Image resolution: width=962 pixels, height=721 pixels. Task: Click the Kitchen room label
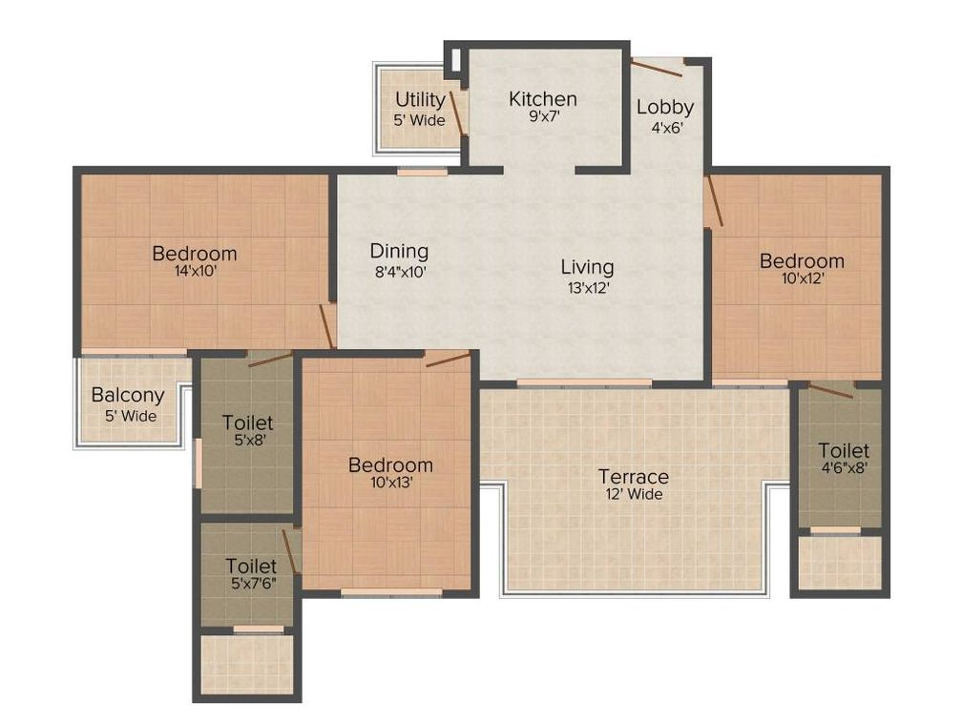click(x=542, y=98)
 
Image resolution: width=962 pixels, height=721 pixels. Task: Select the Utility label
click(x=420, y=100)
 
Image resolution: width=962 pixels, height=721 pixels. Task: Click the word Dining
click(x=399, y=252)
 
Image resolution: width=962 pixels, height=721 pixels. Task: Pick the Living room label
click(x=586, y=267)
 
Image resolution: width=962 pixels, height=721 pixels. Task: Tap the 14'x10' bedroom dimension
click(x=194, y=273)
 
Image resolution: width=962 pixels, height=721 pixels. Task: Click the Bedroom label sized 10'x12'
click(x=802, y=260)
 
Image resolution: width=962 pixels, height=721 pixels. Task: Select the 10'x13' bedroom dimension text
click(x=389, y=484)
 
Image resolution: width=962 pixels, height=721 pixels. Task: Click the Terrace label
click(x=633, y=476)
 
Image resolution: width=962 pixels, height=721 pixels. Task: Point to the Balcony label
click(x=127, y=395)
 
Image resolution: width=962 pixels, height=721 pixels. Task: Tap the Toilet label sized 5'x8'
click(x=247, y=422)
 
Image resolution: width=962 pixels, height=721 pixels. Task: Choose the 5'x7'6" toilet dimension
click(x=251, y=586)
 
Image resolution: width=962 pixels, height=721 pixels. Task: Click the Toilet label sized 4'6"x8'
click(x=843, y=449)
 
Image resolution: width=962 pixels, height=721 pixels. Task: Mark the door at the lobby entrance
click(x=659, y=66)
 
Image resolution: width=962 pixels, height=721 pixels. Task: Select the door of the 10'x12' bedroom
click(x=713, y=201)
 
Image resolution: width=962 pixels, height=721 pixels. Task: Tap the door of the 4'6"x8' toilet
click(x=830, y=390)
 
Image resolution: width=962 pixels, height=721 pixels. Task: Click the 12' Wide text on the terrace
click(x=633, y=494)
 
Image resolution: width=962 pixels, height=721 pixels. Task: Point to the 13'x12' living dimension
click(x=586, y=286)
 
